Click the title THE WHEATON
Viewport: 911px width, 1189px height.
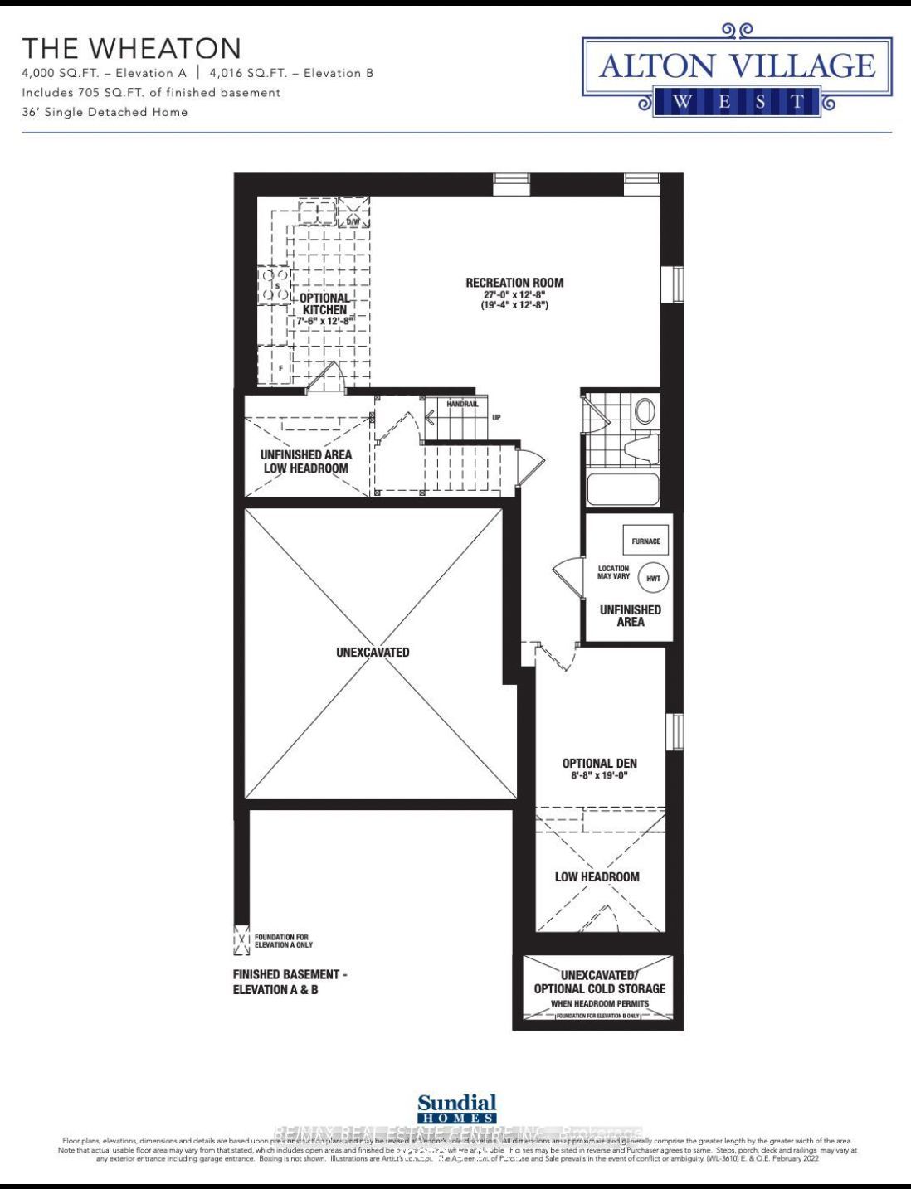(132, 48)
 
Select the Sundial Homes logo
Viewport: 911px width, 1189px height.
(457, 1108)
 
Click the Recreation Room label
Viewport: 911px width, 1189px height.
(514, 283)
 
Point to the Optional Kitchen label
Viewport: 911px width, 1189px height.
(324, 303)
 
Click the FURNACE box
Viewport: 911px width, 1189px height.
(645, 541)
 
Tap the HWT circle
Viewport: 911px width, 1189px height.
(654, 578)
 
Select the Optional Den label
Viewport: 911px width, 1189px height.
(599, 763)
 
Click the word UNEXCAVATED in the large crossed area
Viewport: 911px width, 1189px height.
(373, 652)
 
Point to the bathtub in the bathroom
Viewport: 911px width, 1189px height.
(623, 489)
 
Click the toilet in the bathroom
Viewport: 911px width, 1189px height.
(641, 449)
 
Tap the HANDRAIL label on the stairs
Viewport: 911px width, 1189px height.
(462, 404)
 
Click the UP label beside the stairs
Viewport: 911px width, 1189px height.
(496, 417)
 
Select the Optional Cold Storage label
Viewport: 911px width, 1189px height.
(599, 988)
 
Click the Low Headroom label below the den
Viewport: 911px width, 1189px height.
(597, 876)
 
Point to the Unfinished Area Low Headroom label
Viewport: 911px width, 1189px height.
(305, 461)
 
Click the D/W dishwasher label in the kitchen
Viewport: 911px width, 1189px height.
(353, 222)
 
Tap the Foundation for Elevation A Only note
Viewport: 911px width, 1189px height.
(283, 941)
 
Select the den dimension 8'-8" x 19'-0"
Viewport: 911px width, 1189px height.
(599, 776)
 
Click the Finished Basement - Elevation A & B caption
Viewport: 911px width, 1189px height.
(285, 982)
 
